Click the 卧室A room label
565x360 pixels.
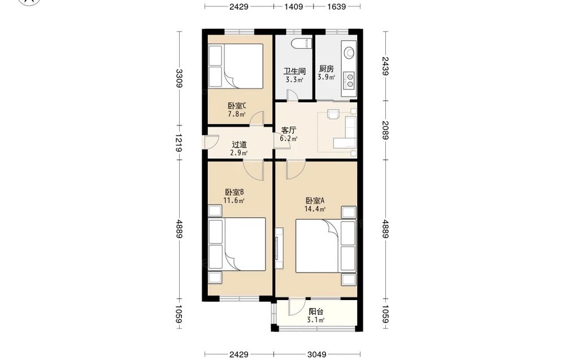click(x=315, y=201)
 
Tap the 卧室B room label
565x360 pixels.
click(x=234, y=192)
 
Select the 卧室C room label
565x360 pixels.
click(x=237, y=106)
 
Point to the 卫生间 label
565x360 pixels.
click(x=294, y=71)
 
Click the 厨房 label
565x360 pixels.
click(x=326, y=68)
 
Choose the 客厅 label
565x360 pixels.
click(x=289, y=130)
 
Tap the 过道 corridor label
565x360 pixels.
click(x=239, y=145)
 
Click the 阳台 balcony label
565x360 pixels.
click(x=316, y=312)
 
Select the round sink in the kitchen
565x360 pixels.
click(x=349, y=53)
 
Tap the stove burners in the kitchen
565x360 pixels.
click(x=349, y=80)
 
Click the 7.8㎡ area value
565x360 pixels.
click(x=236, y=114)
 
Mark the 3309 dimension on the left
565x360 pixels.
click(x=179, y=78)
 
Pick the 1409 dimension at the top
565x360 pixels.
click(x=294, y=6)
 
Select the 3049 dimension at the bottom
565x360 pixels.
click(x=318, y=354)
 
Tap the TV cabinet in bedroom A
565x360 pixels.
click(x=279, y=248)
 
